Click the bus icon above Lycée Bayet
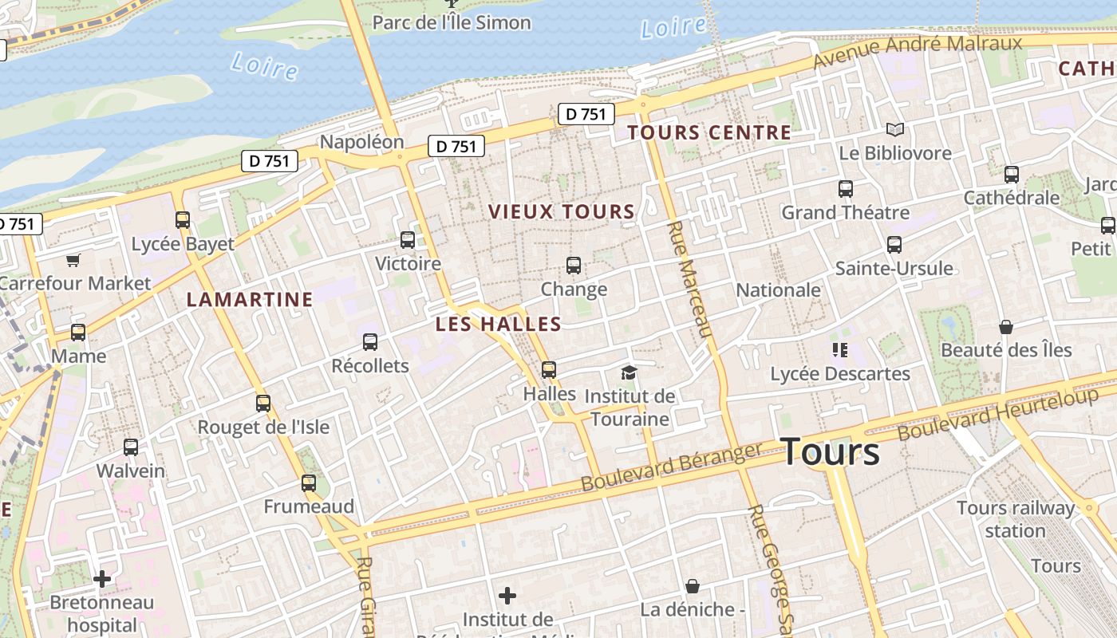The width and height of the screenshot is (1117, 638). (x=183, y=220)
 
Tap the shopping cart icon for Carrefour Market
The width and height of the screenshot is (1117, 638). (x=73, y=260)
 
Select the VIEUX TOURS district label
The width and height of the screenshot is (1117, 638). (x=561, y=212)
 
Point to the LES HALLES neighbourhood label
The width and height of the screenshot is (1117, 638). (x=499, y=324)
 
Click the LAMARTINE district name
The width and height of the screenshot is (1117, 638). (x=250, y=300)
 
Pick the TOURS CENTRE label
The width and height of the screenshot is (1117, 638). (x=709, y=133)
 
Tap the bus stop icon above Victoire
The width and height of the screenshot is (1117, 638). (x=408, y=239)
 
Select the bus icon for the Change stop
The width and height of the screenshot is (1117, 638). (x=574, y=266)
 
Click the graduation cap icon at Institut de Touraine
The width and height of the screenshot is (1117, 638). (x=629, y=372)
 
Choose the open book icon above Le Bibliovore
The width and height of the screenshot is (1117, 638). (x=895, y=129)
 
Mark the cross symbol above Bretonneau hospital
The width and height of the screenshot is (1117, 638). (x=102, y=578)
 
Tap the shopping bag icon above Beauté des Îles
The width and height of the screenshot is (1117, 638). (x=1006, y=327)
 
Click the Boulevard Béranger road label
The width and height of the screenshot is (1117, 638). (x=672, y=468)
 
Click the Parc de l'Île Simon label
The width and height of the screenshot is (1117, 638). (x=452, y=22)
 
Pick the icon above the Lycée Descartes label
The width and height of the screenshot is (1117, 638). (x=839, y=349)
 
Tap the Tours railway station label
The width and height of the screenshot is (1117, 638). (x=1015, y=519)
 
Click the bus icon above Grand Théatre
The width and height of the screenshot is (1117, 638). (x=846, y=189)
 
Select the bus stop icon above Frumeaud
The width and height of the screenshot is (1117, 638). (x=309, y=482)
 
